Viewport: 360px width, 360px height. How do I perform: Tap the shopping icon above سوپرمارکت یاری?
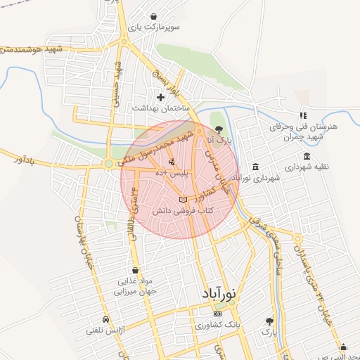154,15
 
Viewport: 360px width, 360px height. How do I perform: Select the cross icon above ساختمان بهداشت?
161,97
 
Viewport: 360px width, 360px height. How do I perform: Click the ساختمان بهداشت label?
158,108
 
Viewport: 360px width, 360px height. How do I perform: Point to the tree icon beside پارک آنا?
219,129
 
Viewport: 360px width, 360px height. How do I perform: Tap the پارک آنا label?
219,141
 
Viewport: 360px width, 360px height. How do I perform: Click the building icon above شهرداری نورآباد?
255,167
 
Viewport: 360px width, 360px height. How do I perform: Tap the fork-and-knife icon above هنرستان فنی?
303,115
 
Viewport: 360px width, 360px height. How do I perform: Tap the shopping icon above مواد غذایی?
135,270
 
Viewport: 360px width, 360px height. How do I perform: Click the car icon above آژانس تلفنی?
105,319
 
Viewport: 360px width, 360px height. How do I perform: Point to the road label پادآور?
23,160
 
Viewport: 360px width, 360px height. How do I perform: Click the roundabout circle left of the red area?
108,165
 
